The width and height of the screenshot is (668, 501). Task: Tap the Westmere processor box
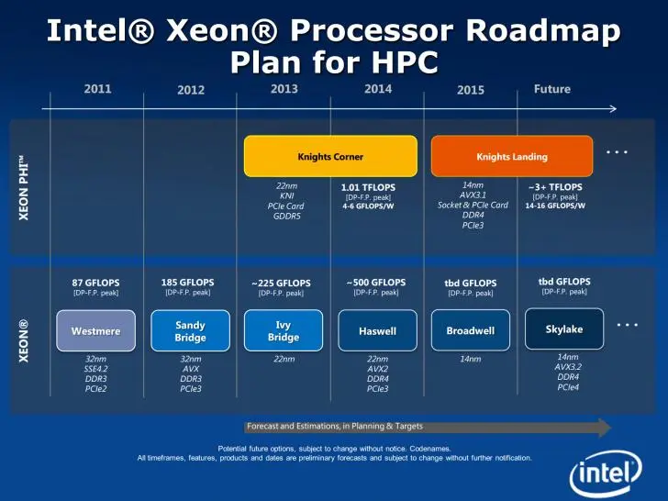pyautogui.click(x=95, y=330)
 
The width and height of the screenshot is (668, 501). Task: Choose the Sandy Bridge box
pyautogui.click(x=190, y=330)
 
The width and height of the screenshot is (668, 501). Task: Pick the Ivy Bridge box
pyautogui.click(x=284, y=330)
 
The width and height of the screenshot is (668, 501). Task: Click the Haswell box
pyautogui.click(x=377, y=330)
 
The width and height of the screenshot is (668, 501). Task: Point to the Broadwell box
pyautogui.click(x=470, y=330)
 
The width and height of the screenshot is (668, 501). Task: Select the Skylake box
pyautogui.click(x=564, y=329)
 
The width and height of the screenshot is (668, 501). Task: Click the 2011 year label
pyautogui.click(x=98, y=89)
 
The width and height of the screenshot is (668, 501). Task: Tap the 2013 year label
pyautogui.click(x=284, y=89)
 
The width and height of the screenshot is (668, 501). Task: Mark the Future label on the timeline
pyautogui.click(x=552, y=89)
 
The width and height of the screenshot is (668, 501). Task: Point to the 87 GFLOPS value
pyautogui.click(x=95, y=283)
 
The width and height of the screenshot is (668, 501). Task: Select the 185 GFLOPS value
pyautogui.click(x=188, y=282)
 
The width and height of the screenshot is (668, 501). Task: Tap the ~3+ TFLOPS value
pyautogui.click(x=555, y=187)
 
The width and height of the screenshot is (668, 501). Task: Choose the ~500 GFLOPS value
pyautogui.click(x=376, y=282)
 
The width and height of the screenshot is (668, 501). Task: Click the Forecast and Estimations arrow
pyautogui.click(x=428, y=427)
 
